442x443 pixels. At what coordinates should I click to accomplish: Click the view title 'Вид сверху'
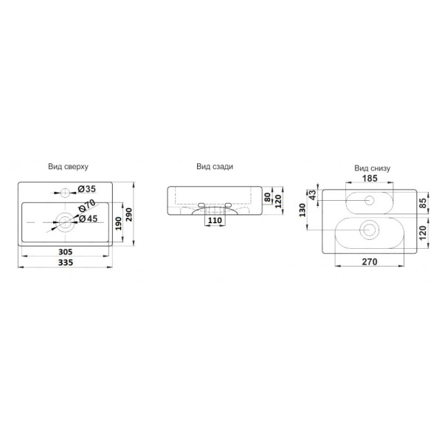68,167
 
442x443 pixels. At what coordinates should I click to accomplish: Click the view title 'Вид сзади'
215,167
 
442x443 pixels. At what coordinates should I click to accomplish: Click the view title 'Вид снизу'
372,168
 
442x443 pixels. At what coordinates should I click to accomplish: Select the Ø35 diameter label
87,189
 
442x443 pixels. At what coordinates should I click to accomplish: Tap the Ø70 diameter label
87,205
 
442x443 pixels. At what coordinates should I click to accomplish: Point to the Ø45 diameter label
88,219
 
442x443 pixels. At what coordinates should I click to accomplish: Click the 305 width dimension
65,252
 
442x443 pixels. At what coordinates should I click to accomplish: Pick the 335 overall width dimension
66,262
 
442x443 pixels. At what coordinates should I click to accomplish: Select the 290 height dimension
128,214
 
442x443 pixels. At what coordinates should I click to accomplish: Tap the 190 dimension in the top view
119,224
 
